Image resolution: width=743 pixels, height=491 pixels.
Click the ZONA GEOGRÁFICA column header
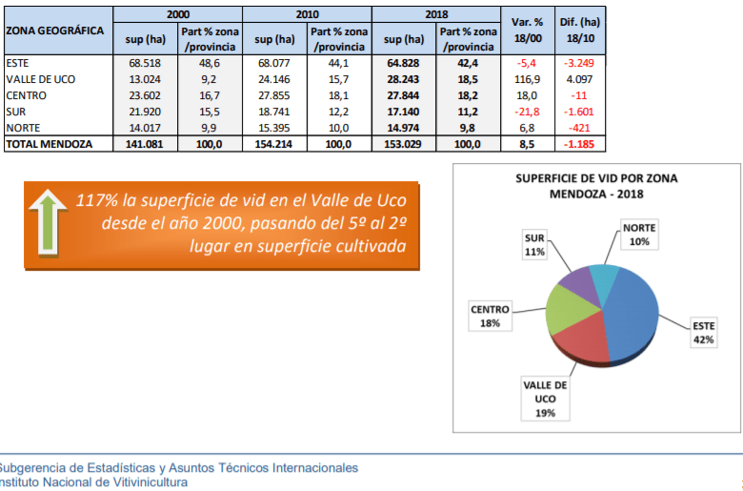coord(55,31)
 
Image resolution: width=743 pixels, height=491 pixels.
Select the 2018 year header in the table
coord(435,14)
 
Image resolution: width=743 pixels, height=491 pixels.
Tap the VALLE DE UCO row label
coord(41,78)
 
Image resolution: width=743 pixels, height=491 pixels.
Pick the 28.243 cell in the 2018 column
coord(403,78)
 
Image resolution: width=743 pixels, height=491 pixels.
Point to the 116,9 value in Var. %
coord(527,78)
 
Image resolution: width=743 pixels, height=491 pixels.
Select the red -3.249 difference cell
coord(580,62)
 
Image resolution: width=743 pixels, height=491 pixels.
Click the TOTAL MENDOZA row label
coord(49,143)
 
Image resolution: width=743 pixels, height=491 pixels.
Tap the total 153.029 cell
coord(403,143)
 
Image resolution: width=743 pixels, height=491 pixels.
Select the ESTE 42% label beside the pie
coord(704,332)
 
